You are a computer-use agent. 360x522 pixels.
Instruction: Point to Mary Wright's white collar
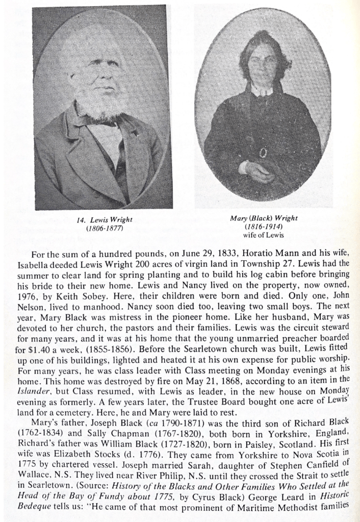coord(262,91)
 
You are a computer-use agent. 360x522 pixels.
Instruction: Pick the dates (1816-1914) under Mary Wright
coord(264,227)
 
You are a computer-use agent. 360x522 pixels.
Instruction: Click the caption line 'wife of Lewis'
coord(264,235)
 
